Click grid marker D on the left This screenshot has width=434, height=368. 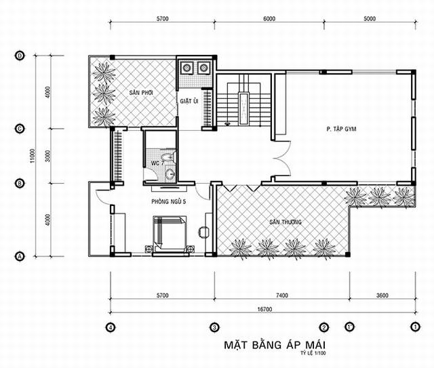(x=20, y=56)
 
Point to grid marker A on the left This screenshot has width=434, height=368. (x=20, y=256)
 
